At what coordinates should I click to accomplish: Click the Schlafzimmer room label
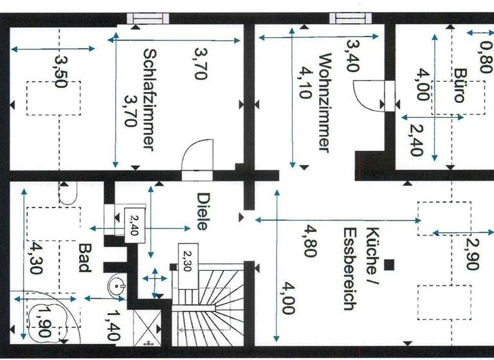[149, 99]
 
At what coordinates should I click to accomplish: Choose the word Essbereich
[349, 269]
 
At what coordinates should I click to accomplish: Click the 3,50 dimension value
[60, 71]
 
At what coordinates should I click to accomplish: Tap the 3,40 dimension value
[353, 57]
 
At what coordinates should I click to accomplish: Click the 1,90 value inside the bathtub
[43, 321]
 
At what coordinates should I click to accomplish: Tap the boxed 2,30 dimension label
[187, 262]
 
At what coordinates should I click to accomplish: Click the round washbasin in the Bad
[118, 285]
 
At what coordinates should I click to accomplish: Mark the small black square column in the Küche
[388, 264]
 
